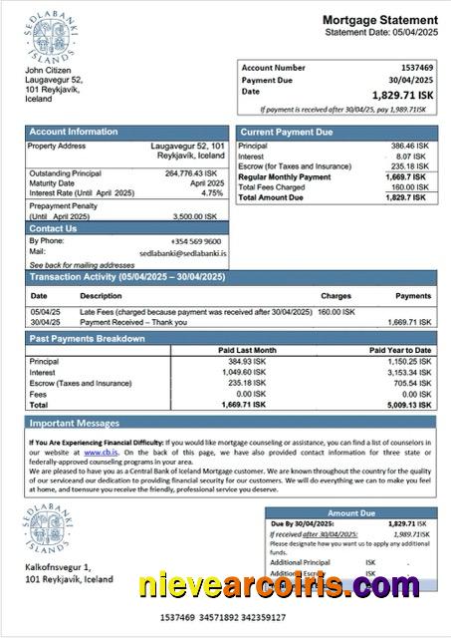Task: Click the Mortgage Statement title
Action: (x=379, y=20)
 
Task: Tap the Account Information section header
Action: (x=73, y=132)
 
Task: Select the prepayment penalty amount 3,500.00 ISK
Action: (x=202, y=215)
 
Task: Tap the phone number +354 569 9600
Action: (x=196, y=241)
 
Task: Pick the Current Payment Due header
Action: (x=288, y=132)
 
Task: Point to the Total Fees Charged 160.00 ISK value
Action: (x=409, y=186)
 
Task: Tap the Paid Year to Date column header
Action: (x=400, y=350)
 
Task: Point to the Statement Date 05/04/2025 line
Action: (x=381, y=33)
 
